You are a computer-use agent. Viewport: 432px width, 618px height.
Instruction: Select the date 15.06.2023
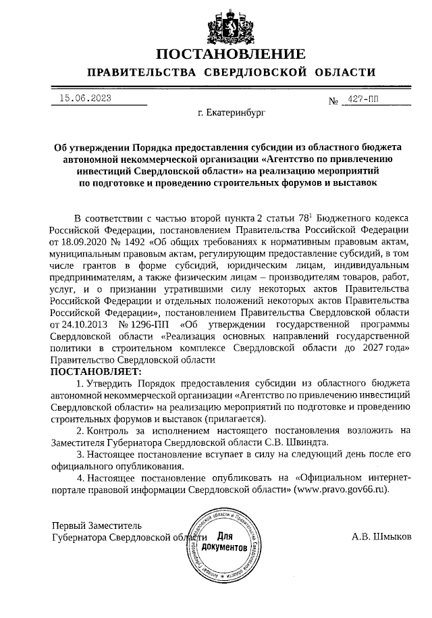[85, 98]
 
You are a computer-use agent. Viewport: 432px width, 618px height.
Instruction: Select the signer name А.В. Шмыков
[382, 538]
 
